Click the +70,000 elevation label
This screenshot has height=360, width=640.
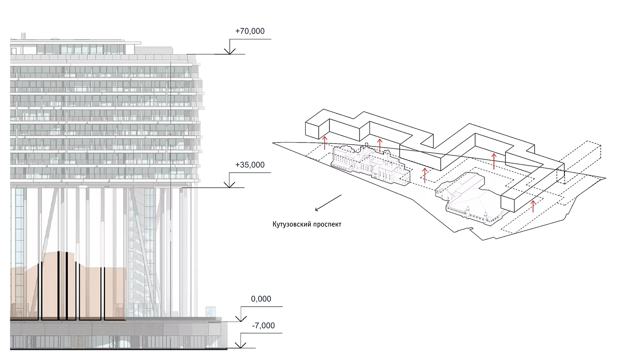(x=250, y=31)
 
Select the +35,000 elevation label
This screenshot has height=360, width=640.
(x=250, y=165)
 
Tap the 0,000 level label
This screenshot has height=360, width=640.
(x=261, y=299)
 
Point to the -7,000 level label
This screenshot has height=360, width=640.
(x=263, y=325)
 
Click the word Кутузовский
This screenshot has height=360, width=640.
(x=292, y=224)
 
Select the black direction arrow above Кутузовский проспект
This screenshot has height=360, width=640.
(x=328, y=203)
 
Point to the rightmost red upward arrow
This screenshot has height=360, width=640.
(x=533, y=206)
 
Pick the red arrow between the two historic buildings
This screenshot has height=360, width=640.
(x=425, y=175)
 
